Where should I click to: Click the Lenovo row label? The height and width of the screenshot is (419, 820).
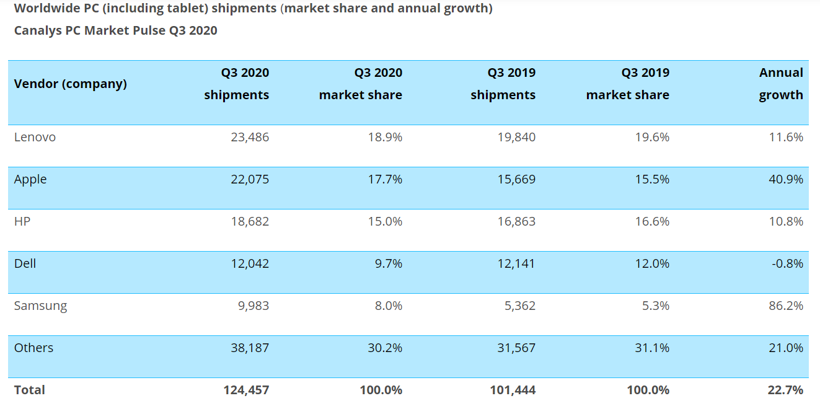click(35, 137)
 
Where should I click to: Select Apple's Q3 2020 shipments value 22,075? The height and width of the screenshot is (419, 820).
click(250, 179)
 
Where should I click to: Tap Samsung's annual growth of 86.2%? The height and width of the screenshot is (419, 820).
click(785, 306)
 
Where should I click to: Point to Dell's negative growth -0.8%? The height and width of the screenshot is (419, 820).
click(787, 263)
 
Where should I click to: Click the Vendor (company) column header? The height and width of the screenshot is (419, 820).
click(70, 84)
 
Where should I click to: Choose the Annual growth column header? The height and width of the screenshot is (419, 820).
click(781, 84)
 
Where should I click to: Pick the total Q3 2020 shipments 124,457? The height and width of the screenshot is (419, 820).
click(246, 390)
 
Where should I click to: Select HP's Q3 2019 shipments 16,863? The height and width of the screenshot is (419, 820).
click(516, 221)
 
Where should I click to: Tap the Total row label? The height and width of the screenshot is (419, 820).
click(30, 390)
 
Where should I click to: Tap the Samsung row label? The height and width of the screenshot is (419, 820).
click(40, 306)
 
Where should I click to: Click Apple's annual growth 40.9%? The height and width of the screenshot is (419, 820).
click(785, 179)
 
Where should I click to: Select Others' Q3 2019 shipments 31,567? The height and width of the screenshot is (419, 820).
click(516, 348)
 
